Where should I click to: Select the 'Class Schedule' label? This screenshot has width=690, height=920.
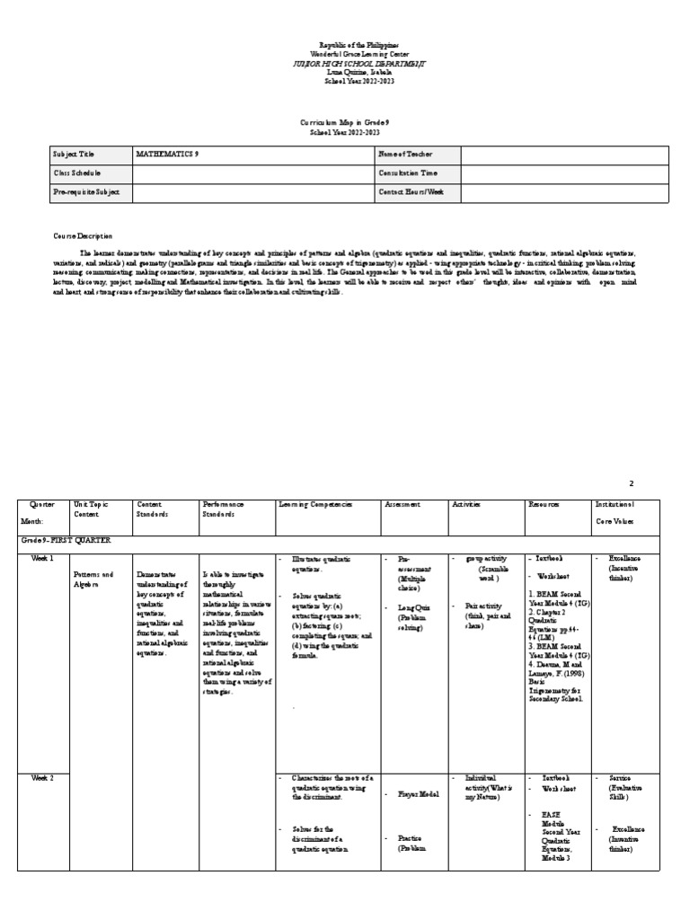click(77, 172)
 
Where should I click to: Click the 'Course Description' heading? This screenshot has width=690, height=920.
click(83, 236)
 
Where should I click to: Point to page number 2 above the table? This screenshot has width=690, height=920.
click(656, 483)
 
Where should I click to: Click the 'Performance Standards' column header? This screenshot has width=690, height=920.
click(224, 509)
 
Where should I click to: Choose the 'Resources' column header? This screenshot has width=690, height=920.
click(544, 505)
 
